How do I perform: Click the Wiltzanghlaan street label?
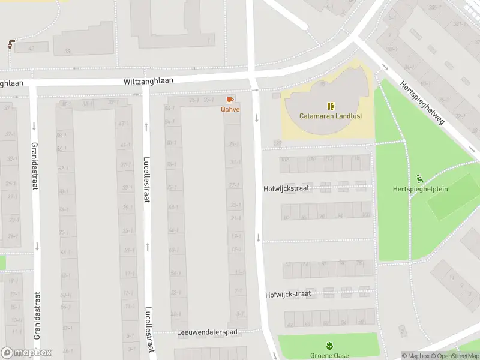[148, 81]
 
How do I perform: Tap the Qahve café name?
[230, 109]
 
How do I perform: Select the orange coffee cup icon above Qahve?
[230, 100]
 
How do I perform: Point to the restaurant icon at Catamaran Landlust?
[330, 106]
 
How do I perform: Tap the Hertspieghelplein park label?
[428, 189]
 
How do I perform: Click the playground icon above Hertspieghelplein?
[419, 178]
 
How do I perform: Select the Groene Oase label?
[329, 355]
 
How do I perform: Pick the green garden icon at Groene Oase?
[329, 346]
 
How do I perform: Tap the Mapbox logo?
[26, 353]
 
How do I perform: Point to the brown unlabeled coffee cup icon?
[11, 44]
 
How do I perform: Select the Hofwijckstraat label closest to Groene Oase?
[288, 295]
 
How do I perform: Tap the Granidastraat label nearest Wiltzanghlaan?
[37, 163]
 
